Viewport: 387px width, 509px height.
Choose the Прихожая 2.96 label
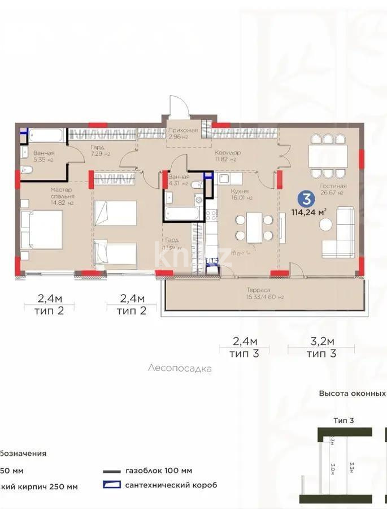tap(183, 133)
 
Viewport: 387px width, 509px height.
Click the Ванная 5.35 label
tap(43, 156)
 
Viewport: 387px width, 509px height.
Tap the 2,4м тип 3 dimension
tap(245, 347)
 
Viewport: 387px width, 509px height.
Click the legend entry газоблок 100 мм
tap(159, 471)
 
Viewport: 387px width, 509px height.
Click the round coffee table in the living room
tap(326, 225)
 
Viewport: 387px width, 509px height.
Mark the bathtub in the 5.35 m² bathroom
tap(47, 136)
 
